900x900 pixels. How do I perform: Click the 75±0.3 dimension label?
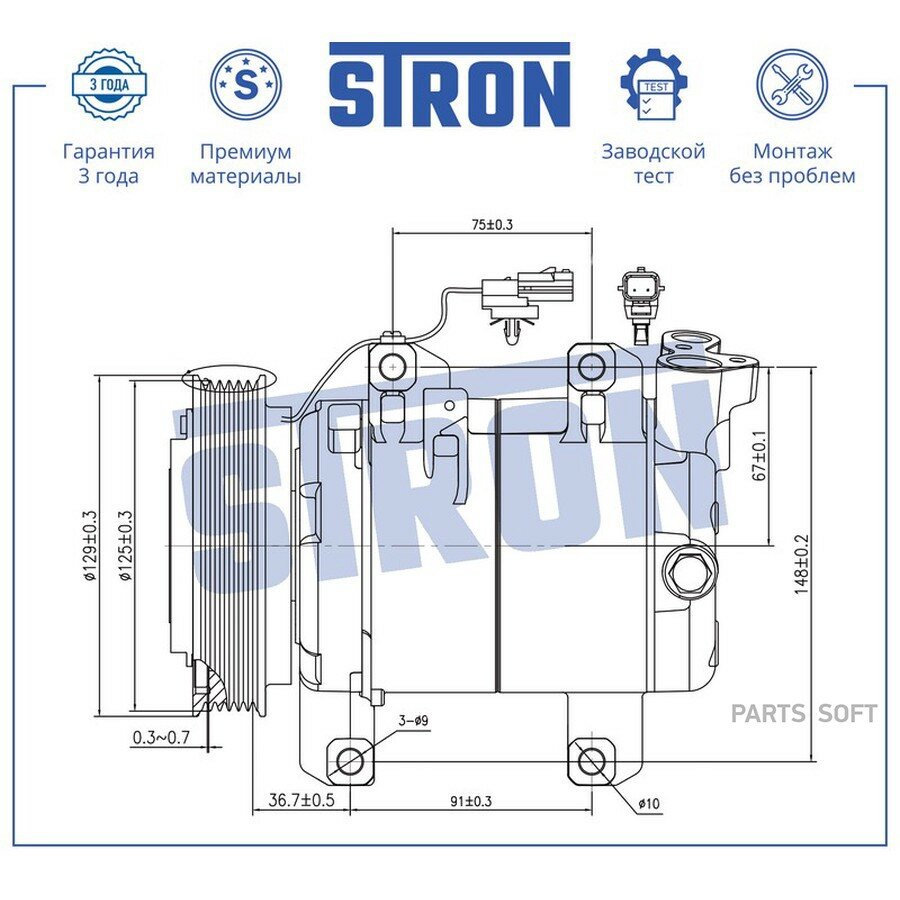point(492,224)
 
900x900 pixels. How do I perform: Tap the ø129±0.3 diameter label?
point(90,546)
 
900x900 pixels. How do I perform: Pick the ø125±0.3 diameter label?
point(125,546)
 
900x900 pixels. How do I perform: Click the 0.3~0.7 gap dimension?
point(161,737)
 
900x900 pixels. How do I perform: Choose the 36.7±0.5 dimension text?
point(301,800)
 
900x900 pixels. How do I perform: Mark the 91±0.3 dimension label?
point(471,801)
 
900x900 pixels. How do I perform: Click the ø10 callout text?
point(649,804)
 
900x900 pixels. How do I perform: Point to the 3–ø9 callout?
point(413,720)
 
